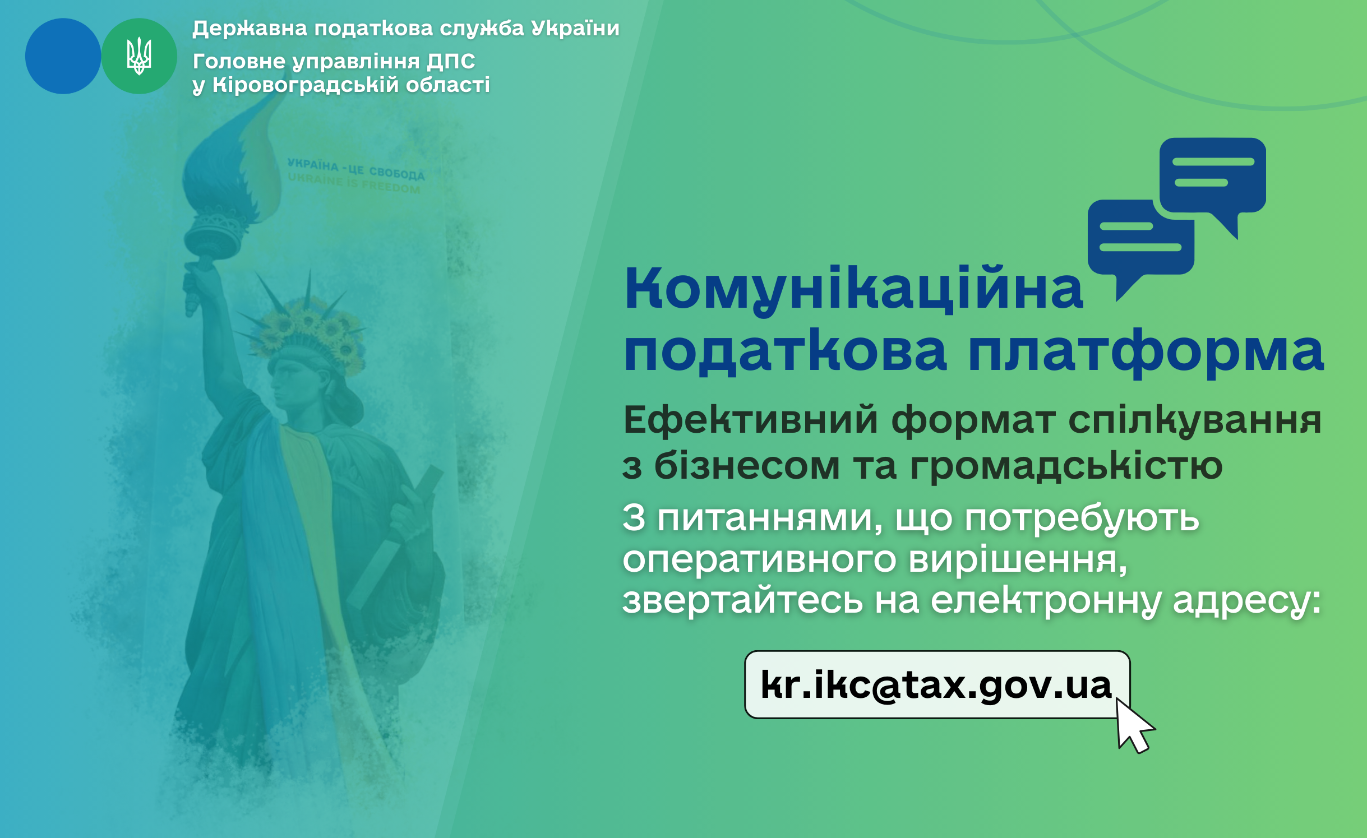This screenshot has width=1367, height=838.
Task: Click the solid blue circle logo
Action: click(63, 56)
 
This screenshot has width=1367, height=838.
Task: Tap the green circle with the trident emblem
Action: click(139, 56)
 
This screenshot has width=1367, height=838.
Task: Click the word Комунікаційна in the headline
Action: click(854, 289)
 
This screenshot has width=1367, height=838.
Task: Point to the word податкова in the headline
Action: click(786, 351)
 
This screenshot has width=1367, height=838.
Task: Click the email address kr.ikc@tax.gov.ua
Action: click(936, 685)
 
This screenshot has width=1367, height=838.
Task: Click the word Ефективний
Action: click(751, 420)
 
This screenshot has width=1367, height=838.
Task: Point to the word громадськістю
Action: click(1066, 466)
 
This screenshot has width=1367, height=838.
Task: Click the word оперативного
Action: click(759, 561)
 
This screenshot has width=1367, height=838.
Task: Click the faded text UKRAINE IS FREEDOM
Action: click(354, 183)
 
